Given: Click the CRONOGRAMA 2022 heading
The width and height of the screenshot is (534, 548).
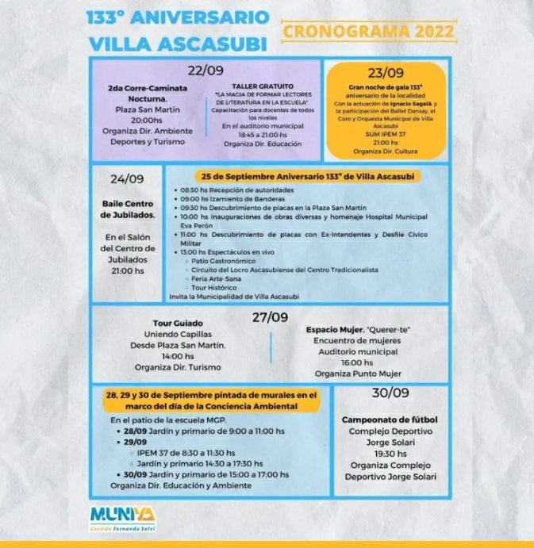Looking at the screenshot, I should (369, 32).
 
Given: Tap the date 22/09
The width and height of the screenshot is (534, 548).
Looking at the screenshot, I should (205, 69).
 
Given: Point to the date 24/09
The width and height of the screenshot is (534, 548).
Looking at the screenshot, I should (127, 178).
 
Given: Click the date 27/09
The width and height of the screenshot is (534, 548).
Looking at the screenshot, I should (270, 317).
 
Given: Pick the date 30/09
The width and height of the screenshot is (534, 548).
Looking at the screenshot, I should (390, 393).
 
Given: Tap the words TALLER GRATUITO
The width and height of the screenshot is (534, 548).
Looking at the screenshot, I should (262, 86).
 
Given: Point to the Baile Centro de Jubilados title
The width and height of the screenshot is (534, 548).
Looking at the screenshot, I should (128, 209).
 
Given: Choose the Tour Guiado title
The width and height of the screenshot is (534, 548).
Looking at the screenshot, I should (179, 323).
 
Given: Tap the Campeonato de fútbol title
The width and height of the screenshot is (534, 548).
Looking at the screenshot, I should (390, 420).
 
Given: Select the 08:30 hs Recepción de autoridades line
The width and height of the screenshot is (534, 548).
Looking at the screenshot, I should (237, 190).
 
